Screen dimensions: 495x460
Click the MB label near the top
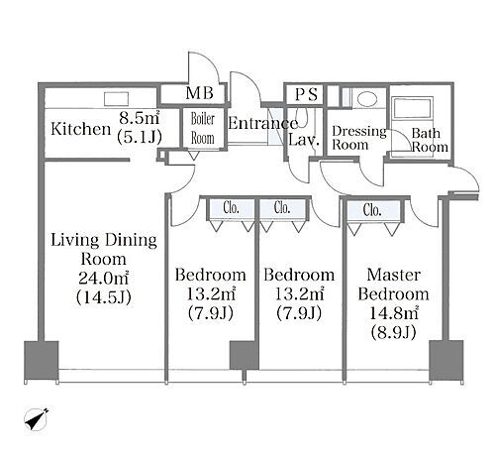click(x=200, y=93)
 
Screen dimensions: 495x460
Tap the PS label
click(x=306, y=94)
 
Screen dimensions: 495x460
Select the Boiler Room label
click(x=203, y=129)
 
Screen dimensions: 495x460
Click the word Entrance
click(x=263, y=123)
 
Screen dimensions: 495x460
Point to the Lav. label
click(x=304, y=140)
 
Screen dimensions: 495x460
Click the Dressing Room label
click(x=359, y=138)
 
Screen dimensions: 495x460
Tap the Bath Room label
click(x=430, y=140)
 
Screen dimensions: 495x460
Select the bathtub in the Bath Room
click(x=412, y=107)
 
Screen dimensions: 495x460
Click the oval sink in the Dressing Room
click(x=367, y=98)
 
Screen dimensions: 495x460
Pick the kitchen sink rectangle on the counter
click(x=116, y=99)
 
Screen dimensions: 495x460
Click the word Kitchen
click(x=80, y=129)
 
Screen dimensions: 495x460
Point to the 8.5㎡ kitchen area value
click(x=140, y=117)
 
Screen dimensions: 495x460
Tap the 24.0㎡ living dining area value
click(x=103, y=279)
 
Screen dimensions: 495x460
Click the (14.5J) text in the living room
click(x=104, y=297)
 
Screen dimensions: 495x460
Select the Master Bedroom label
click(x=393, y=285)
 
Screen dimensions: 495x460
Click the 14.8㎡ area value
click(x=393, y=313)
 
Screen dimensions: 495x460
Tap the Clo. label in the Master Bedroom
click(x=372, y=210)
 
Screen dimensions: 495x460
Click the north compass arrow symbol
click(x=37, y=419)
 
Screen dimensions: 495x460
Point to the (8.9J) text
click(x=393, y=332)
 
